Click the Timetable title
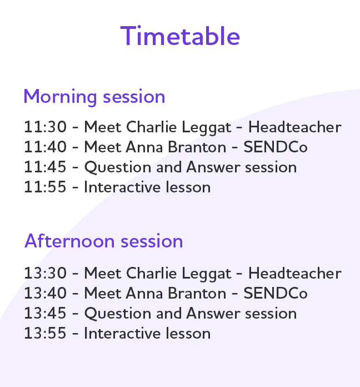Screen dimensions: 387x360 pos(180,36)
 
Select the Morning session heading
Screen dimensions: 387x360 pos(94,96)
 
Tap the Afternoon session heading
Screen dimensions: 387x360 pos(103,241)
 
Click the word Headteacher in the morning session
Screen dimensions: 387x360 pos(294,127)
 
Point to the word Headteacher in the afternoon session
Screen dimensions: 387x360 pos(294,274)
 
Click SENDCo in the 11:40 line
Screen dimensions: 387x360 pos(276,147)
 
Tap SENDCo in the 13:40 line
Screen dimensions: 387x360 pos(276,294)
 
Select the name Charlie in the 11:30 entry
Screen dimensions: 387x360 pos(147,127)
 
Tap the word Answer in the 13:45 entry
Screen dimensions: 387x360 pos(211,314)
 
